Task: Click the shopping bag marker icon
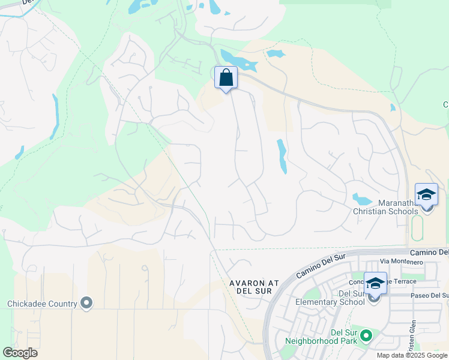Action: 226,78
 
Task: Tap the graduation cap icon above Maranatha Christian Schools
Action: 426,196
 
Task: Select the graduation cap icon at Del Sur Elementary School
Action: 375,284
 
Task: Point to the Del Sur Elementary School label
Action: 330,298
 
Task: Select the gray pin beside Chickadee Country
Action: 87,303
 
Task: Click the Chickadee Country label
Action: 42,304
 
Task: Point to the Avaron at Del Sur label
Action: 251,286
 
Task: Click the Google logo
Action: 20,353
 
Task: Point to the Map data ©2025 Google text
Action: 412,355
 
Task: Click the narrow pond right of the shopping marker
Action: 282,156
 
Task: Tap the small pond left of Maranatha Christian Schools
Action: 361,199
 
